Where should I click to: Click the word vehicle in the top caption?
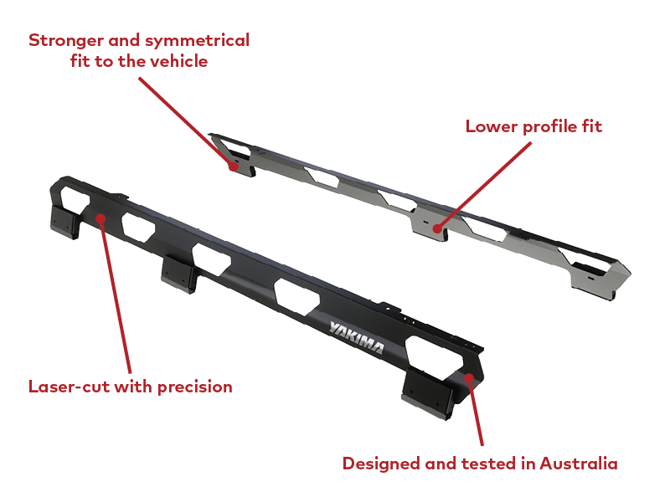point(178,61)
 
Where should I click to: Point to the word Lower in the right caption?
point(492,126)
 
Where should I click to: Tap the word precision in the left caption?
point(195,387)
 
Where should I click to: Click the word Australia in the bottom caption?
point(579,464)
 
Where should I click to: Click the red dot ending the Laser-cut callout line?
point(100,219)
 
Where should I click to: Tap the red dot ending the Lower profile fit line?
point(437,228)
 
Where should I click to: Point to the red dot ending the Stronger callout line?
point(234,166)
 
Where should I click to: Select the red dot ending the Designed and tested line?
point(469,378)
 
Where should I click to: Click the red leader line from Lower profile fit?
point(484,185)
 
